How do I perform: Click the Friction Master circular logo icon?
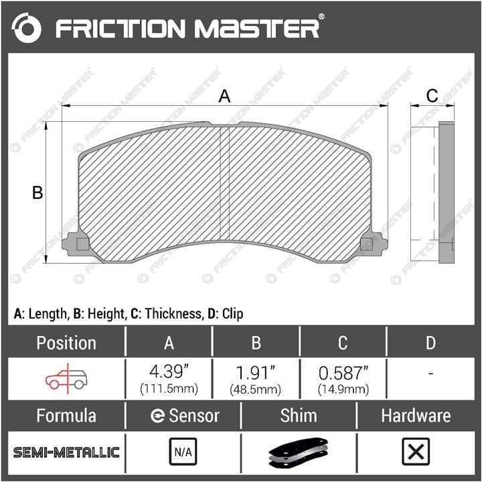pyautogui.click(x=26, y=27)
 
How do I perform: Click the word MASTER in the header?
pyautogui.click(x=257, y=29)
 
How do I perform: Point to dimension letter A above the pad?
pyautogui.click(x=224, y=96)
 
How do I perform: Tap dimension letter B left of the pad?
pyautogui.click(x=37, y=193)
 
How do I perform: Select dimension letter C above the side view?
pyautogui.click(x=432, y=96)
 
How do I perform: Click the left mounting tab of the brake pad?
pyautogui.click(x=75, y=244)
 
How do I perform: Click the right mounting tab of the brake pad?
pyautogui.click(x=374, y=244)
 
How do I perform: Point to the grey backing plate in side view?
pyautogui.click(x=447, y=192)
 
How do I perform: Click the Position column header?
pyautogui.click(x=66, y=343)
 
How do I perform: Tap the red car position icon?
pyautogui.click(x=66, y=379)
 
